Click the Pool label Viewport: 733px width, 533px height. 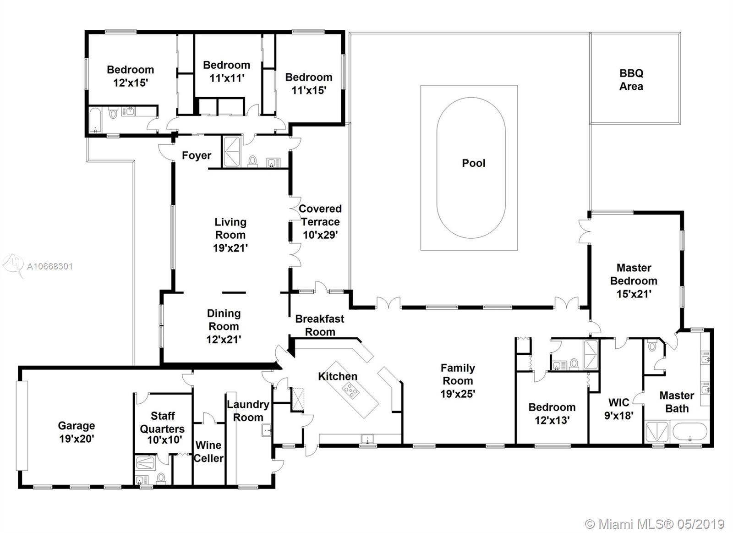tap(473, 163)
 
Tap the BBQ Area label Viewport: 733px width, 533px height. tap(631, 80)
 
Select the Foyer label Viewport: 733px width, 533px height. tap(197, 155)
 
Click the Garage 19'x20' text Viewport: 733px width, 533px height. tap(77, 432)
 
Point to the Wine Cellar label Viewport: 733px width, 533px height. tap(208, 451)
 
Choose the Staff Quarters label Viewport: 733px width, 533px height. tap(162, 423)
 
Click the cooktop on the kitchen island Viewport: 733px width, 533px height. tap(350, 391)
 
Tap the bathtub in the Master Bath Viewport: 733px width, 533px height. tap(689, 432)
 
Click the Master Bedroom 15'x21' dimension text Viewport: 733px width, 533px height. tap(634, 294)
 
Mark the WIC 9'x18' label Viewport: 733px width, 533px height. tap(618, 409)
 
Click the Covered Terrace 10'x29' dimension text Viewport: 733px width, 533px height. tap(320, 235)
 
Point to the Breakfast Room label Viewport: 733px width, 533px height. tap(320, 325)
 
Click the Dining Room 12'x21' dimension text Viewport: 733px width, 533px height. tap(224, 340)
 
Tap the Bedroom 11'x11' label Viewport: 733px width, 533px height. tap(226, 71)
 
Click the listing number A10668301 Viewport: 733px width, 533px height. tap(50, 267)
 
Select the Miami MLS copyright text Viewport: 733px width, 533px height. tap(654, 524)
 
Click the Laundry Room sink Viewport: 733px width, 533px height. tap(266, 430)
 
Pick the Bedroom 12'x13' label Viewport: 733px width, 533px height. tap(552, 413)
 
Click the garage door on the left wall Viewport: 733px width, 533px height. tap(22, 426)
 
